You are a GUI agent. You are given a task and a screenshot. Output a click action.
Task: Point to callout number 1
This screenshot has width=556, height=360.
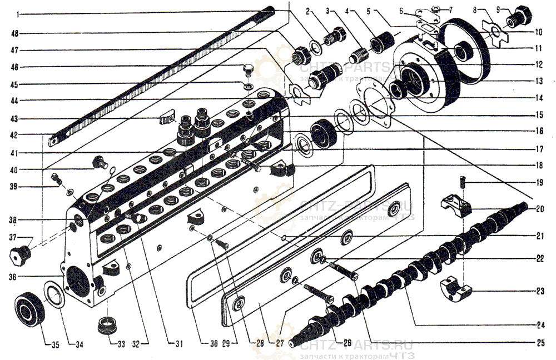(17, 13)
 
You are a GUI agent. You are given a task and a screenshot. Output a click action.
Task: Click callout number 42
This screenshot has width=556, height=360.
(17, 134)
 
